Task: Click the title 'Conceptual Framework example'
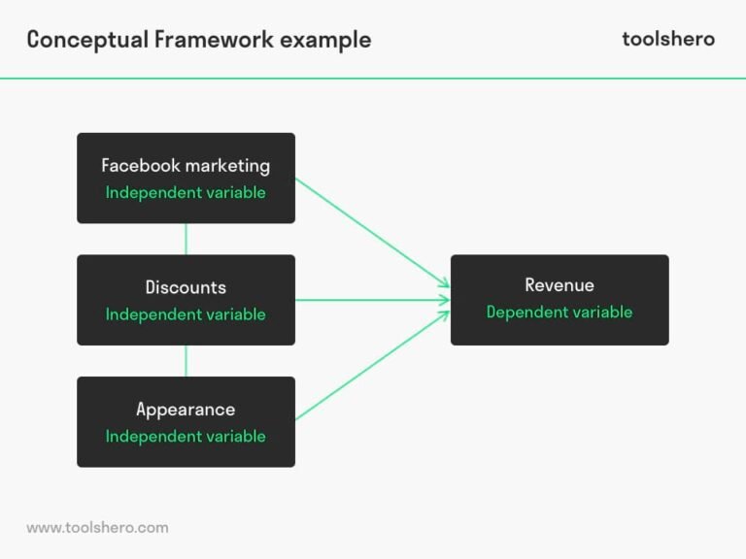click(199, 40)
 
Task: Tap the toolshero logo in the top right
click(667, 39)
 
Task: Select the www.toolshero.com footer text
click(97, 528)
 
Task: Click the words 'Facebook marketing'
click(186, 166)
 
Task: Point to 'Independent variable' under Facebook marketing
click(186, 192)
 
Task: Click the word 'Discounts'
click(186, 287)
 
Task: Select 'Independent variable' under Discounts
click(186, 314)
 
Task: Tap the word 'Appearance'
click(186, 410)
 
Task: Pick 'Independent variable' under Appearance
click(186, 437)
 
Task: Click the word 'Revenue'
click(559, 285)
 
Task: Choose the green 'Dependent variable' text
click(559, 312)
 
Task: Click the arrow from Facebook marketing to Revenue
click(372, 232)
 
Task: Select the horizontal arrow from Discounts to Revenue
click(372, 300)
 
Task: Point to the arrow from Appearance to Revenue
click(372, 366)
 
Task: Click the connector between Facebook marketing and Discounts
click(186, 239)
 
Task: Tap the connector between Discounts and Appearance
click(186, 361)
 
